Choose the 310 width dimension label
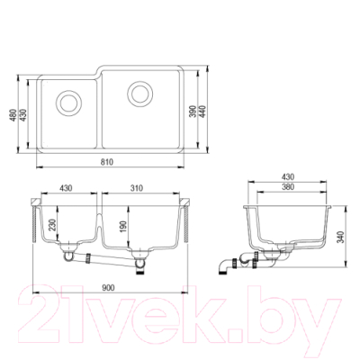(x=138, y=188)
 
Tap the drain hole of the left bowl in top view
(x=68, y=97)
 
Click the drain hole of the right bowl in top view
(x=139, y=92)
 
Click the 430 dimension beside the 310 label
(x=67, y=188)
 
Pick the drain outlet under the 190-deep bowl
(x=140, y=258)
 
